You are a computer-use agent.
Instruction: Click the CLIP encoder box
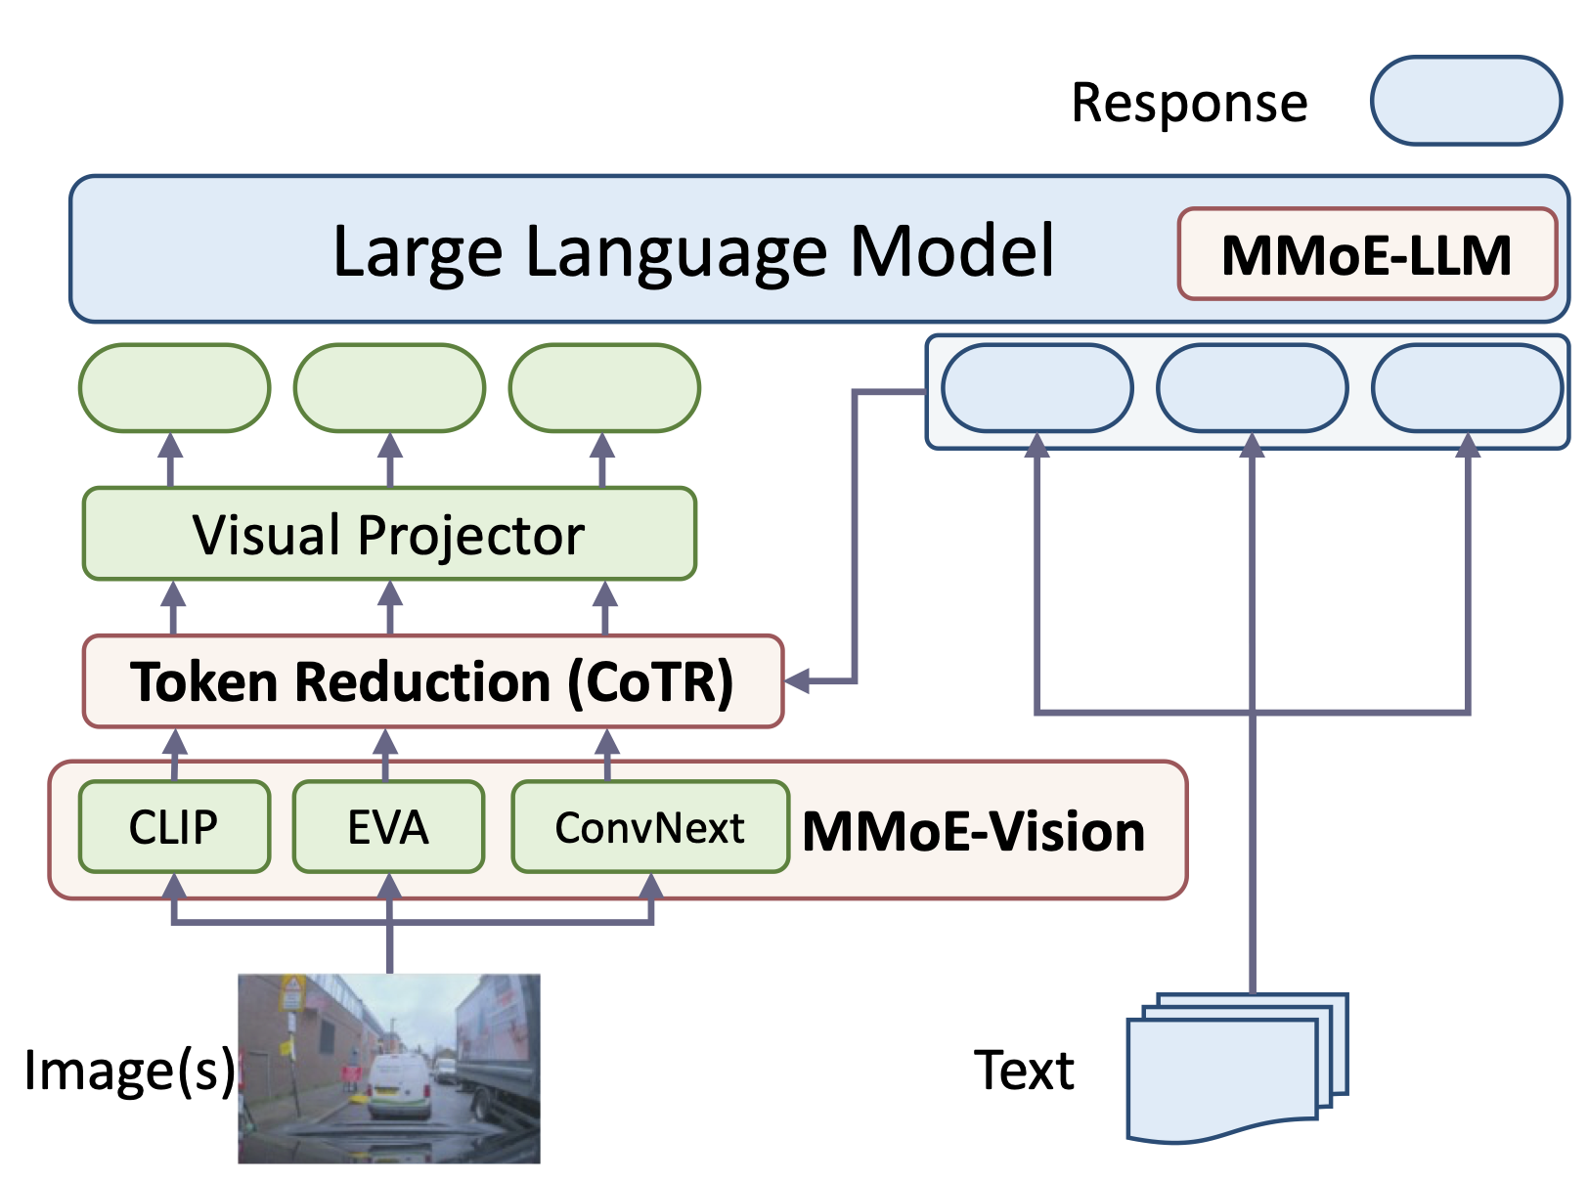click(174, 827)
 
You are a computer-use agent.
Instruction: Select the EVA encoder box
click(388, 827)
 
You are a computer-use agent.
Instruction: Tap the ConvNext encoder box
click(650, 827)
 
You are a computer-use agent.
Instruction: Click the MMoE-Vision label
click(973, 832)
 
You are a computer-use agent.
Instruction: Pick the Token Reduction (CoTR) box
click(432, 681)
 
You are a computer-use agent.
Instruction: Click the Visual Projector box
click(389, 534)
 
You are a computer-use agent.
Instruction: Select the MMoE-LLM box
click(1366, 254)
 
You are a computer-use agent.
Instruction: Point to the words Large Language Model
click(693, 251)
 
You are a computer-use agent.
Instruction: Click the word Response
click(1189, 102)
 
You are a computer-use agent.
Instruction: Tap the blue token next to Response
click(1465, 101)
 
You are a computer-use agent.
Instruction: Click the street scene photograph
click(389, 1068)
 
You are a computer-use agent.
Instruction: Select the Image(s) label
click(129, 1070)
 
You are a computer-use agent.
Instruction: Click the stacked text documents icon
click(1234, 1070)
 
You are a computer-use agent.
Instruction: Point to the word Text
click(1024, 1070)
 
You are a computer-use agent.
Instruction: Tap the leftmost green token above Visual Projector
click(174, 388)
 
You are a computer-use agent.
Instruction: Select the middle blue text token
click(1252, 388)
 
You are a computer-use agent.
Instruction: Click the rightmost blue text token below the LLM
click(1467, 388)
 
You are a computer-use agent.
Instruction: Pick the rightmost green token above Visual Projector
click(604, 388)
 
